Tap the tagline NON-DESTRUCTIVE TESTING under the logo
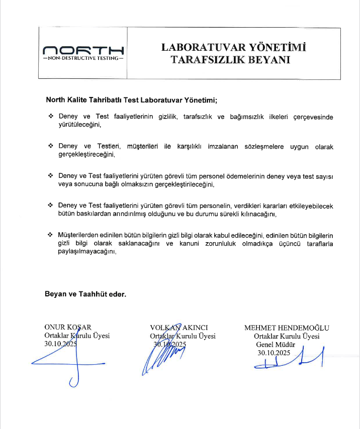[83, 58]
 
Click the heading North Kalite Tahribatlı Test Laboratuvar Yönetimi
[132, 99]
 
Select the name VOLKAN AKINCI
[179, 328]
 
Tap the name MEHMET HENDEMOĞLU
[287, 328]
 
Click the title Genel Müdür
[275, 345]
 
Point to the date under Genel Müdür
[274, 353]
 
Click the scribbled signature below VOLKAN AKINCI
[161, 357]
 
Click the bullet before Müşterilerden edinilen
[51, 235]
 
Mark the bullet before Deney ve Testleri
[51, 146]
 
